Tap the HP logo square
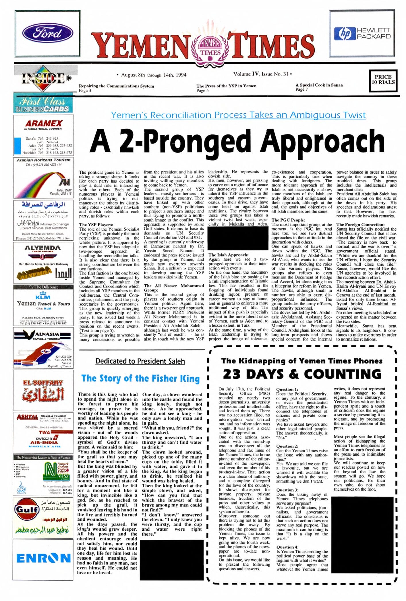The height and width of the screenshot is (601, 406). pyautogui.click(x=345, y=34)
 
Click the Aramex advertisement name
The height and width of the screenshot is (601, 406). pyautogui.click(x=44, y=123)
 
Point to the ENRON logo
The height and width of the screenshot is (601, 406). pyautogui.click(x=43, y=558)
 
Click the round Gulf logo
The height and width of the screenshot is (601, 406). pyautogui.click(x=27, y=509)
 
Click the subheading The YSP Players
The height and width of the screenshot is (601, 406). pyautogui.click(x=96, y=225)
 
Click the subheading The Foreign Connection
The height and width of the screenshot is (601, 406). pyautogui.click(x=360, y=225)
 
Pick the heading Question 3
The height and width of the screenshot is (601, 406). pyautogui.click(x=287, y=490)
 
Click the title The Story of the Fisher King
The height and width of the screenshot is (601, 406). pyautogui.click(x=140, y=378)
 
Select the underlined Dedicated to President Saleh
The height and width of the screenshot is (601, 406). pyautogui.click(x=140, y=361)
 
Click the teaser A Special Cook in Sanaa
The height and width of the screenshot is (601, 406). pyautogui.click(x=319, y=85)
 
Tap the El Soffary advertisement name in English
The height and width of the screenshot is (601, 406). pyautogui.click(x=43, y=382)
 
